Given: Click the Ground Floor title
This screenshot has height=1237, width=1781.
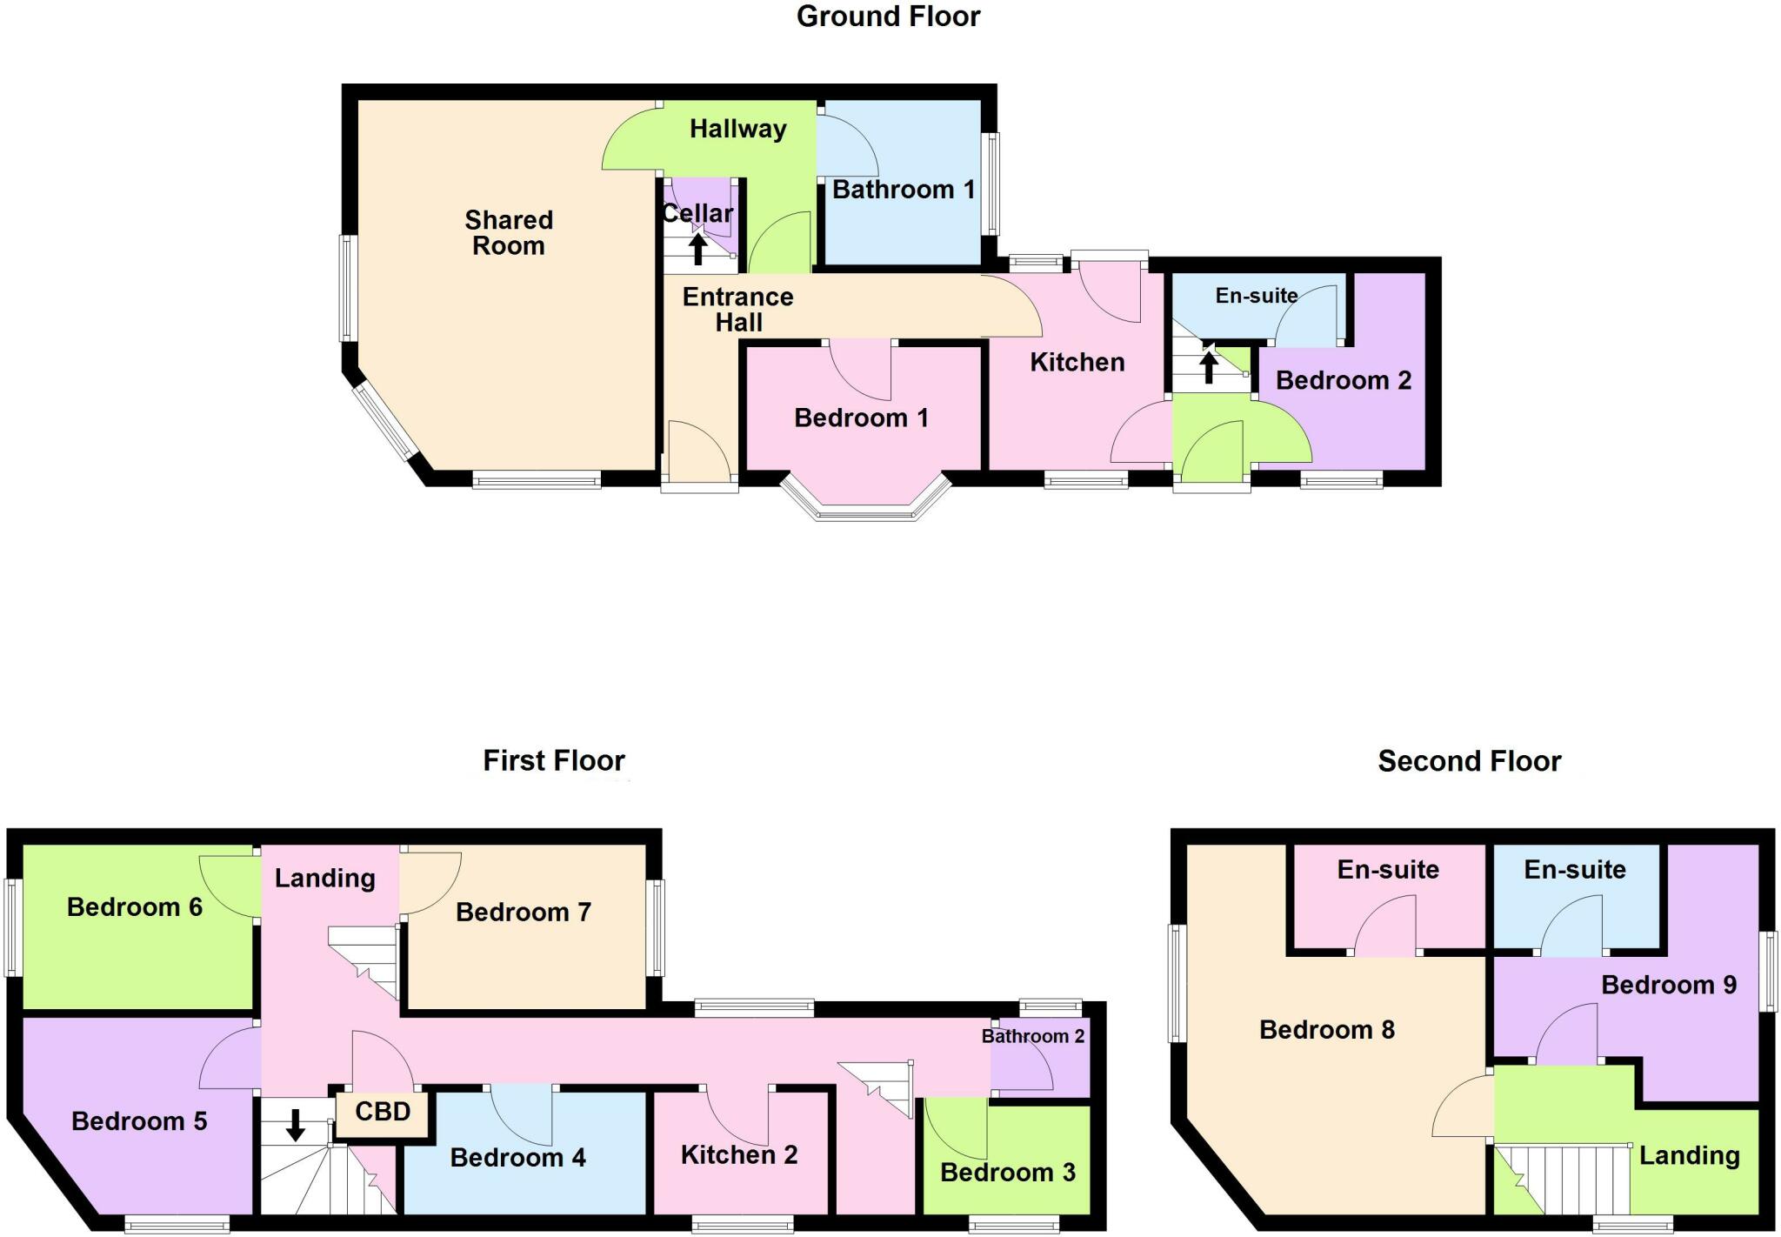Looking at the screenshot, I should [888, 17].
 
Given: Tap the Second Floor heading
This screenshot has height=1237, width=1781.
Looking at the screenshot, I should [1469, 761].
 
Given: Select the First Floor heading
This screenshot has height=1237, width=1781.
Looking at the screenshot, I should [554, 761].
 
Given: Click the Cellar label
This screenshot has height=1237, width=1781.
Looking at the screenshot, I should [697, 213].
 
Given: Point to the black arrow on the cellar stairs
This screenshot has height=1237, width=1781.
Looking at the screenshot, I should [697, 248].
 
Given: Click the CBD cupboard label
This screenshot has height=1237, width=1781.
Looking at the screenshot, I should [383, 1112].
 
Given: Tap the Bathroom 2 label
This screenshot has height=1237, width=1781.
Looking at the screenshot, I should [1033, 1036].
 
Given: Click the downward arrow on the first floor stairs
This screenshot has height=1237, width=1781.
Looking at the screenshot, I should [296, 1125].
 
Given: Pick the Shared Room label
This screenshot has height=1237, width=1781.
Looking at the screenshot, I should [509, 233].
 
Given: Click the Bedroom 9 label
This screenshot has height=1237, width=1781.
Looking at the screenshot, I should [1669, 985].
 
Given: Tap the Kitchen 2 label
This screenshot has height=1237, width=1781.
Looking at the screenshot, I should [739, 1154].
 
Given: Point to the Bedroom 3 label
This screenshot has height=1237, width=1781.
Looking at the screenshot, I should [1008, 1173].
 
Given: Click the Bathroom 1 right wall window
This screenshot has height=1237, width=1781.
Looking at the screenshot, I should [991, 184].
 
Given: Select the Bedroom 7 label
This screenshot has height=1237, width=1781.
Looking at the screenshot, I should [524, 912].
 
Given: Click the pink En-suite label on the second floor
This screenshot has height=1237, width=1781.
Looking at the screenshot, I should [1388, 869].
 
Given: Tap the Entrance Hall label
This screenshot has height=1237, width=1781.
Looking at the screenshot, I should [738, 310].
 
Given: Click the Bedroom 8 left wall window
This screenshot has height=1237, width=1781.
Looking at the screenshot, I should [1178, 983].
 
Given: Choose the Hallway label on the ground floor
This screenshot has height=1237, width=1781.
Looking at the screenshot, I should [738, 129].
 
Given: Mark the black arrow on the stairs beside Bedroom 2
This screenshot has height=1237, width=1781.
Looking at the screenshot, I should [1209, 365].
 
